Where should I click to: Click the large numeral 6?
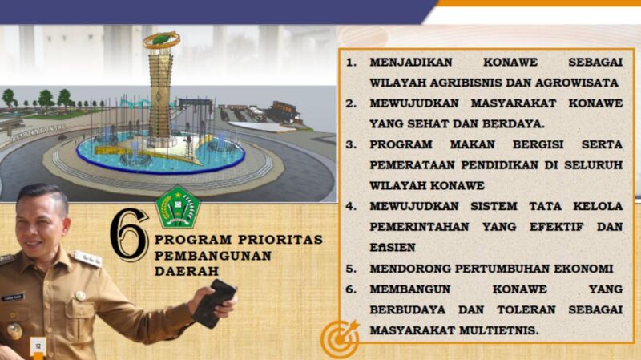click(x=129, y=234)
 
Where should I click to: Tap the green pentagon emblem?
click(x=177, y=207)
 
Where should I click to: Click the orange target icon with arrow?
click(x=340, y=338)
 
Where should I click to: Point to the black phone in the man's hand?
click(x=214, y=303)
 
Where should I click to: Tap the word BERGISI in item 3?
click(x=538, y=144)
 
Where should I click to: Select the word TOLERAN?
click(x=526, y=309)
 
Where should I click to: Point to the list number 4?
click(x=351, y=206)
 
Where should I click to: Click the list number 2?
click(x=351, y=103)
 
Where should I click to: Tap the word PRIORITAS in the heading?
click(x=280, y=239)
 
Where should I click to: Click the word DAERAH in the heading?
click(x=187, y=271)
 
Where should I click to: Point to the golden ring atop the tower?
click(x=162, y=40)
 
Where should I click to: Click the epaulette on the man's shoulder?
click(x=87, y=258)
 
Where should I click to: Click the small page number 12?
click(x=38, y=346)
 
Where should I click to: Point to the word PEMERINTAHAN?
click(x=419, y=227)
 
